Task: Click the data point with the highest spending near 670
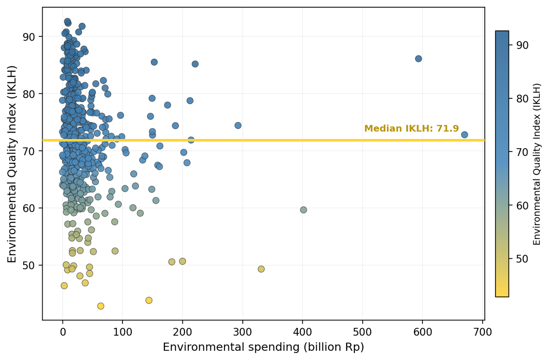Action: point(465,135)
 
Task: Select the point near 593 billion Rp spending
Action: point(419,59)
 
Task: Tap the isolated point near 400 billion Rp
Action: point(303,210)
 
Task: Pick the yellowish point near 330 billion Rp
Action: point(261,269)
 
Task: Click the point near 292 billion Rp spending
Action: point(238,125)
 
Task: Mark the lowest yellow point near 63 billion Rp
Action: point(101,306)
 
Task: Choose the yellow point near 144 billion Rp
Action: point(149,300)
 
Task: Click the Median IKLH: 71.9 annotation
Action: point(411,129)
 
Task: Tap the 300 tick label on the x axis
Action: point(242,332)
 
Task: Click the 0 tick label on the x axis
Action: point(63,332)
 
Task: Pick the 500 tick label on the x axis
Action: point(362,332)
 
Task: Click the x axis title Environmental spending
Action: point(263,347)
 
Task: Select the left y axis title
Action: point(12,164)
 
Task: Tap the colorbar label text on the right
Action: point(537,164)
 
